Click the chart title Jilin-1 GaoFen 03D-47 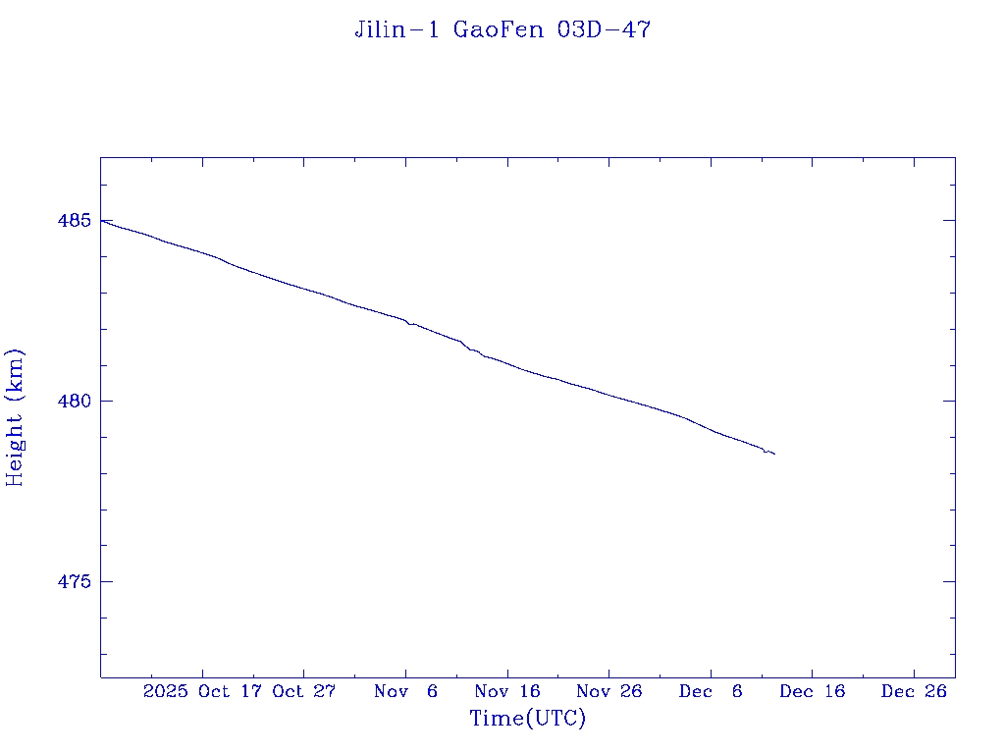[x=502, y=30]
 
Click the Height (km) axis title [x=15, y=417]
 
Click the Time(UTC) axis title [x=528, y=719]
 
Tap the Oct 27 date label [x=304, y=691]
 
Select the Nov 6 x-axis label [x=406, y=691]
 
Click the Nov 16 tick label [x=507, y=691]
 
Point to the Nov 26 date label [x=609, y=691]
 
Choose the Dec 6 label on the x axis [x=711, y=691]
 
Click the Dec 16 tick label [x=813, y=691]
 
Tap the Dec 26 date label [x=914, y=691]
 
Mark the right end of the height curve [x=774, y=454]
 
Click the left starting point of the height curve [x=101, y=221]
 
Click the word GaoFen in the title [x=498, y=30]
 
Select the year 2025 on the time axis [x=165, y=691]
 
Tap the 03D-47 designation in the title [x=604, y=30]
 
